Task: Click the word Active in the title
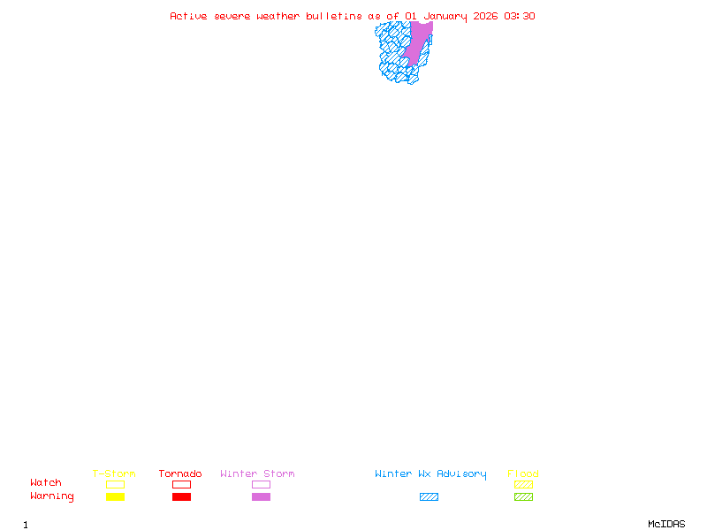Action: (x=187, y=16)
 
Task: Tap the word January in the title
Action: (x=445, y=16)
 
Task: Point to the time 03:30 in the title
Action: (x=520, y=16)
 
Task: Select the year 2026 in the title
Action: (x=486, y=16)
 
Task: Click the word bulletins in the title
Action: (x=334, y=16)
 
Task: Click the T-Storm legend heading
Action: (x=114, y=474)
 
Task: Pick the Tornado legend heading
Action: (x=180, y=474)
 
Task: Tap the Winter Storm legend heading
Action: (x=257, y=474)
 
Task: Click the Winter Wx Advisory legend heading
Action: (x=430, y=474)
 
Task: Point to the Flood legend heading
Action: (x=523, y=474)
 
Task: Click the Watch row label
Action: (x=46, y=483)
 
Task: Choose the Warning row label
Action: (x=52, y=496)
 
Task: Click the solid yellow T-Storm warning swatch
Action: (x=115, y=497)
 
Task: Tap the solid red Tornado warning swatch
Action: (x=181, y=497)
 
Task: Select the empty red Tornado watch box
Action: (x=181, y=484)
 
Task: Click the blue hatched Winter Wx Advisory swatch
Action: (x=429, y=497)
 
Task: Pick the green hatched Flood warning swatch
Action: (x=523, y=497)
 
